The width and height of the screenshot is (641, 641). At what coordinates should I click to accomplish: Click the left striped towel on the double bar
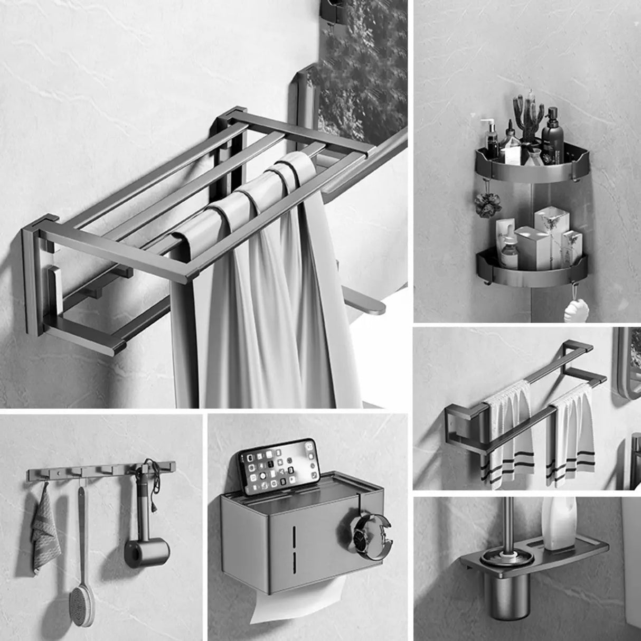(510, 433)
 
